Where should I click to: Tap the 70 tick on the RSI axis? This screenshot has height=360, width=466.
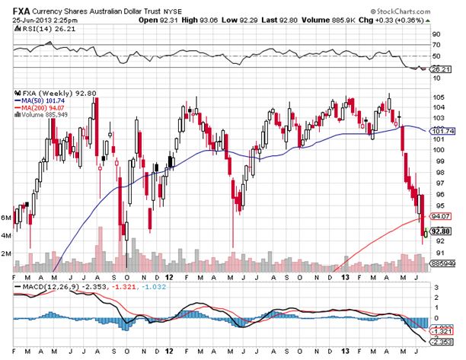[437, 45]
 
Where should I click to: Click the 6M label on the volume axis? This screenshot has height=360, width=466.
[7, 218]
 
